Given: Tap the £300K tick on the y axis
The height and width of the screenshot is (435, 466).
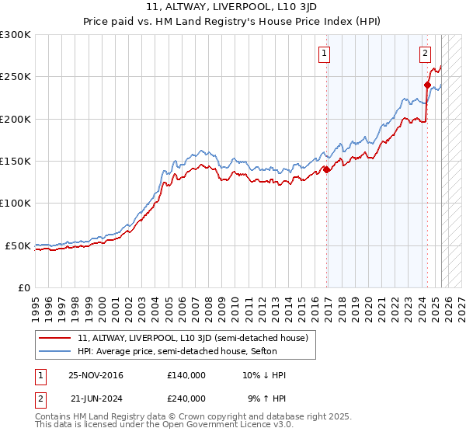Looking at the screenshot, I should (16, 35).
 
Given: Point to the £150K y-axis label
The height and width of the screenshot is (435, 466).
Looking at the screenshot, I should (16, 161).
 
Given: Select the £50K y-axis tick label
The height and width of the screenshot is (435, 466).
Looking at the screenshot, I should (18, 245).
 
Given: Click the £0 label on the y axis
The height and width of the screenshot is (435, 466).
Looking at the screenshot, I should (26, 287).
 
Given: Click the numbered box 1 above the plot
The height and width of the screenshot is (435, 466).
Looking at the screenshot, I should (323, 54).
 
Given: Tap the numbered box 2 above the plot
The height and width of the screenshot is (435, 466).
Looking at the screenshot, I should (425, 54).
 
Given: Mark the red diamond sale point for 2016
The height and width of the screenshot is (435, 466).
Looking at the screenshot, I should (326, 169).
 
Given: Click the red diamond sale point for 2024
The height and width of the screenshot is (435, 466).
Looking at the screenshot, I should (427, 85).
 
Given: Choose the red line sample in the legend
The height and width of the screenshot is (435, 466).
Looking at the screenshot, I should (55, 338).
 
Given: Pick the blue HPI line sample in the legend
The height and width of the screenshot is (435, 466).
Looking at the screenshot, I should (55, 351).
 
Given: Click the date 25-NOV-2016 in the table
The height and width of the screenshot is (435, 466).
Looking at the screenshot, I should (96, 375).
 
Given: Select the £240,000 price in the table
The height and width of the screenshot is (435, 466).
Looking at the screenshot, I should (186, 398).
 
